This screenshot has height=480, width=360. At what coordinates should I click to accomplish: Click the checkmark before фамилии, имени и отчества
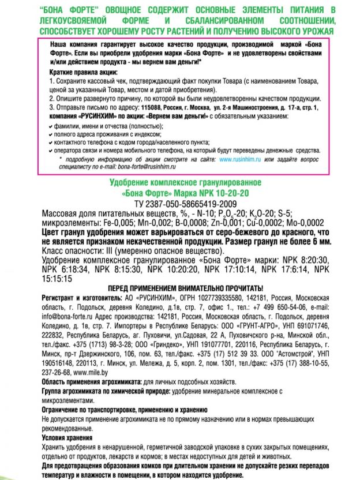coord(51,125)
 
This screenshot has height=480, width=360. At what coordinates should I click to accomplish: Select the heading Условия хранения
coord(68,437)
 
